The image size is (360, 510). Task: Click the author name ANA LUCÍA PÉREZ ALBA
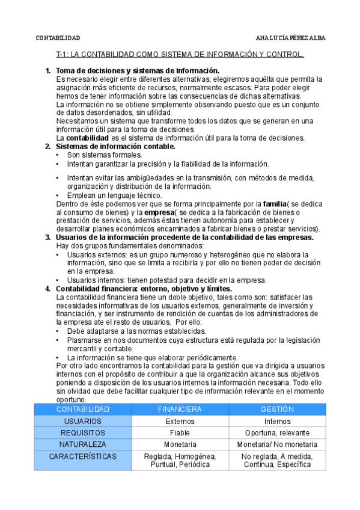290,37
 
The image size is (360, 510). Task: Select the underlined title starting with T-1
180,55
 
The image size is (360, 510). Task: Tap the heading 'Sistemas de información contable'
115,146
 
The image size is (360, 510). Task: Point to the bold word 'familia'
275,204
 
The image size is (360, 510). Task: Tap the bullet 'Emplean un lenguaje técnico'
115,195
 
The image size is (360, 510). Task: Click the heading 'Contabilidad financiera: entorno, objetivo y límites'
144,288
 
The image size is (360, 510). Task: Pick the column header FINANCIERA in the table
180,409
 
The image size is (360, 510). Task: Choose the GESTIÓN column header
277,409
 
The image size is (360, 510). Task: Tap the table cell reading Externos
180,421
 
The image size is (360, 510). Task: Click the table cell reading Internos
277,421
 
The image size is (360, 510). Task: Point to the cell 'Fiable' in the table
180,433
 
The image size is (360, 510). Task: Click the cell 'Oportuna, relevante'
277,433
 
